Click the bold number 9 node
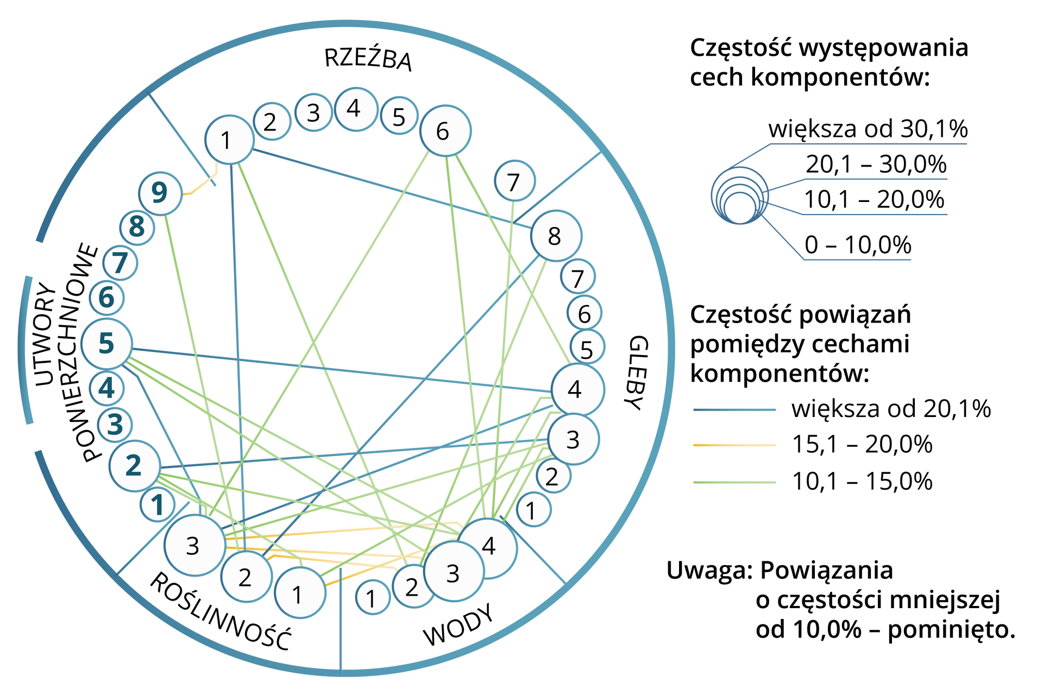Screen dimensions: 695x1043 pyautogui.click(x=160, y=193)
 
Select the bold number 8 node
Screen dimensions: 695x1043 pyautogui.click(x=137, y=226)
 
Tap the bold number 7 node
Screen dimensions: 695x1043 pyautogui.click(x=120, y=263)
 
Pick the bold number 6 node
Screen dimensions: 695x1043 pyautogui.click(x=107, y=298)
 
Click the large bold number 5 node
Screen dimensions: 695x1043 pyautogui.click(x=106, y=343)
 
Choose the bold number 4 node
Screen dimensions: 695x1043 pyautogui.click(x=107, y=388)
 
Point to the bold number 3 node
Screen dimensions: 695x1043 pyautogui.click(x=115, y=425)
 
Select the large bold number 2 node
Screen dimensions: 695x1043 pyautogui.click(x=134, y=465)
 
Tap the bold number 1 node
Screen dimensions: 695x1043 pyautogui.click(x=158, y=505)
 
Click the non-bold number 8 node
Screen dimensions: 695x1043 pyautogui.click(x=556, y=236)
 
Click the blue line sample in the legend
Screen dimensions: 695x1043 pyautogui.click(x=734, y=410)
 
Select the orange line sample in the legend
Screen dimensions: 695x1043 pyautogui.click(x=734, y=445)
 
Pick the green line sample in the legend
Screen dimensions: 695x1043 pyautogui.click(x=734, y=482)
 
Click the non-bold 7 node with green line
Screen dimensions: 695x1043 pyautogui.click(x=514, y=181)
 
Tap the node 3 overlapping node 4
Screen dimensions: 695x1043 pyautogui.click(x=453, y=573)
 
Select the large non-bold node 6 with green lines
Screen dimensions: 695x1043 pyautogui.click(x=445, y=131)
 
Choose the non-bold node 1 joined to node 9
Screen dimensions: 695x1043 pyautogui.click(x=229, y=140)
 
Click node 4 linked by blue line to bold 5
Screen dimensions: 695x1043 pyautogui.click(x=577, y=389)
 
